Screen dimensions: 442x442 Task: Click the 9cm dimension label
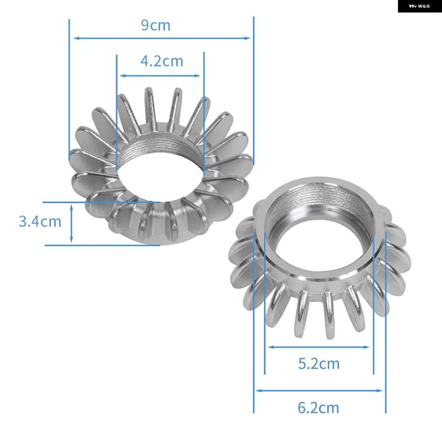(156, 25)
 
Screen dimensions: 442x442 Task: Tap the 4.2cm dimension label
(162, 61)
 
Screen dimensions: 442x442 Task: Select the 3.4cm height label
(40, 221)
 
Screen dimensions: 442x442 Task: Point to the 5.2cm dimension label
(319, 363)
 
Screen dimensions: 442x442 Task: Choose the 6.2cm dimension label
(318, 408)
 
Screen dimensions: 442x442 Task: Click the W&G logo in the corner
(419, 6)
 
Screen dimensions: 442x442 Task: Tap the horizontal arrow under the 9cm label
(162, 38)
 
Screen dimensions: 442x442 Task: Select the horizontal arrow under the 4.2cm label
(160, 76)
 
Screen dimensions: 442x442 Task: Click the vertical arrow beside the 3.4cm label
(71, 223)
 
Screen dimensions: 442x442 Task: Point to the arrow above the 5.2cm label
(319, 347)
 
